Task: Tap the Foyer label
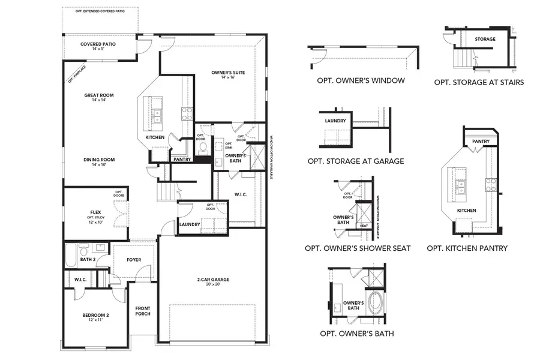(x=134, y=260)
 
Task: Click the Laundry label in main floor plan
(x=189, y=224)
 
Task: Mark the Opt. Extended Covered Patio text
(x=100, y=11)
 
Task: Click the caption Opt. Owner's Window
(x=360, y=80)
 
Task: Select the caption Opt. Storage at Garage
(x=355, y=161)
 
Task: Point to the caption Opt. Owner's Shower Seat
(x=358, y=248)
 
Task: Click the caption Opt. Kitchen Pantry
(x=467, y=248)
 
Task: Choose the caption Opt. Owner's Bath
(x=356, y=334)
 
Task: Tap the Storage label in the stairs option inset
(x=485, y=40)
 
